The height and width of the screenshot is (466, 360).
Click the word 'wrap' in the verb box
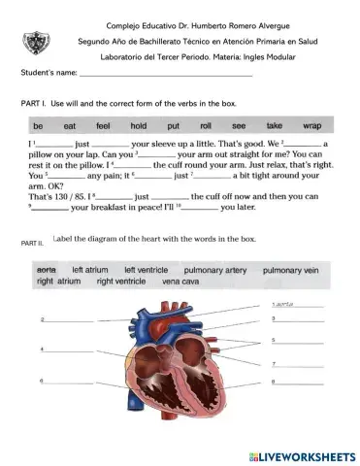pos(311,126)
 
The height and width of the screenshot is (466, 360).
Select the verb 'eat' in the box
pos(69,126)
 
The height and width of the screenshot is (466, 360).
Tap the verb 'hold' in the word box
pos(137,126)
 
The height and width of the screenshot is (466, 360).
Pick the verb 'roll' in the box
pos(206,126)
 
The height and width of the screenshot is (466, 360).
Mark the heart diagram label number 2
pos(42,319)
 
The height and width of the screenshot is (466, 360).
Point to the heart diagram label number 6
pos(42,380)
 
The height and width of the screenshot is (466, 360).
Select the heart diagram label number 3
pos(275,318)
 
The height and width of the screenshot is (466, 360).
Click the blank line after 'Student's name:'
pos(165,73)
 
